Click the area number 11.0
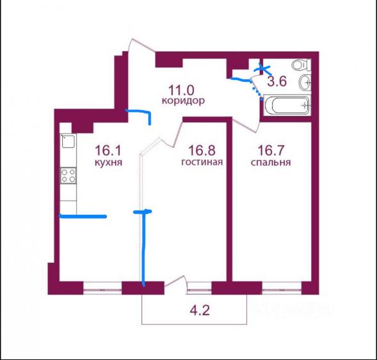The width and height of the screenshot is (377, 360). pyautogui.click(x=180, y=90)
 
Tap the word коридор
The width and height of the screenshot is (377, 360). pyautogui.click(x=183, y=100)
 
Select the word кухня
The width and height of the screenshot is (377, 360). pyautogui.click(x=108, y=162)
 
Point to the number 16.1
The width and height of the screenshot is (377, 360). pyautogui.click(x=108, y=150)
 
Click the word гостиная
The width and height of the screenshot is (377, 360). pyautogui.click(x=202, y=162)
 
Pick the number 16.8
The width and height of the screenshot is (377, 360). pyautogui.click(x=202, y=150)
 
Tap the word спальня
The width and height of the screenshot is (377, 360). pyautogui.click(x=271, y=162)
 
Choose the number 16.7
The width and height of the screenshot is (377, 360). pyautogui.click(x=271, y=150)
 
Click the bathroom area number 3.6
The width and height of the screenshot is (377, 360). pyautogui.click(x=277, y=81)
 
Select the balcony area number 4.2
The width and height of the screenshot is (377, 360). pyautogui.click(x=200, y=310)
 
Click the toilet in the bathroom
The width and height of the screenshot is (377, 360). pyautogui.click(x=301, y=65)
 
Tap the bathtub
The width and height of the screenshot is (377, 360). pyautogui.click(x=287, y=106)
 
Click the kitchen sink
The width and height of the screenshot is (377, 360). pyautogui.click(x=68, y=141)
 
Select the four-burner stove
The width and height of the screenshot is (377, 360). pyautogui.click(x=68, y=176)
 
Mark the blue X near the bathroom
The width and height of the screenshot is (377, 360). pyautogui.click(x=262, y=69)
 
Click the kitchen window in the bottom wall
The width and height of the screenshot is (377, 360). pyautogui.click(x=102, y=288)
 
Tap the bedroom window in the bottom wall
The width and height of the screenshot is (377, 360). pyautogui.click(x=282, y=288)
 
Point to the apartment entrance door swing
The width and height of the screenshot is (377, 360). pyautogui.click(x=142, y=45)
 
